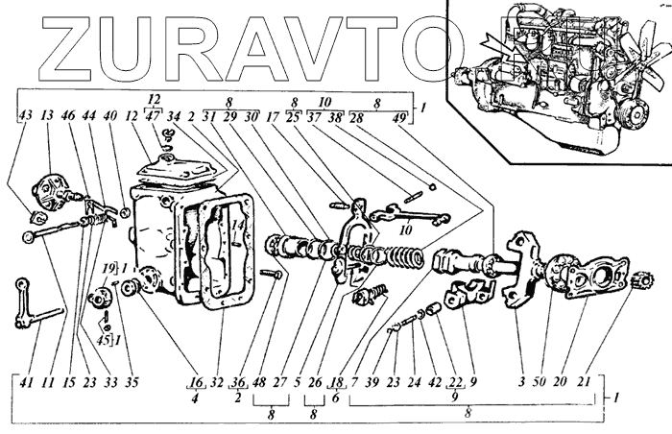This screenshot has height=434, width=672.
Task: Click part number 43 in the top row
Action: click(25, 117)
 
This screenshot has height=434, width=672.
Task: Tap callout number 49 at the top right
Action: click(399, 117)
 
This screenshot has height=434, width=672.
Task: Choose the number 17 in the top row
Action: click(274, 117)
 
